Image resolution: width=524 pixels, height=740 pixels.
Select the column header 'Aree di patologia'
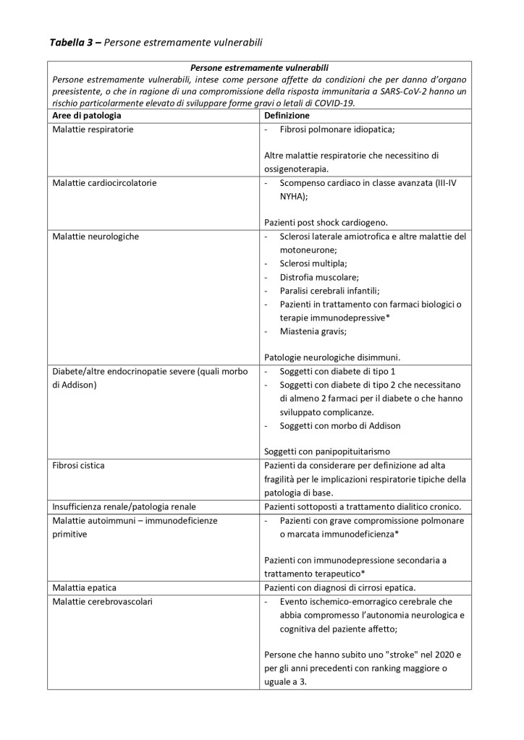click(87, 116)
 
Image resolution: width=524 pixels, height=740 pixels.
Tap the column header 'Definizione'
click(287, 116)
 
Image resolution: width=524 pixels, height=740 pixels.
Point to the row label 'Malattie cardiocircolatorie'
click(104, 183)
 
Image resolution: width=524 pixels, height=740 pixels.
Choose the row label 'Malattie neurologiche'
click(96, 237)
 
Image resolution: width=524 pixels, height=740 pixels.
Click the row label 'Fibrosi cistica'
click(79, 465)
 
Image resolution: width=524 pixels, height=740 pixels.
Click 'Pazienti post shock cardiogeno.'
click(326, 223)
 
